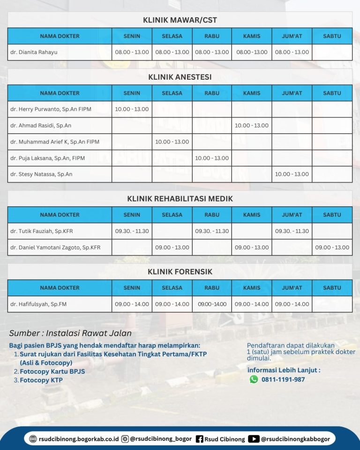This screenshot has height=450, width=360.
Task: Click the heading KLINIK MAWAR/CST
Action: click(180, 20)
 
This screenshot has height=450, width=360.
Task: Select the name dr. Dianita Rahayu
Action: click(34, 52)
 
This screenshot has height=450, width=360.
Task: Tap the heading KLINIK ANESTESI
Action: click(180, 77)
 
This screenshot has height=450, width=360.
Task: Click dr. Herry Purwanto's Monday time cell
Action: click(132, 109)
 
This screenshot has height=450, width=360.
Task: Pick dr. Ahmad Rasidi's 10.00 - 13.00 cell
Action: click(252, 126)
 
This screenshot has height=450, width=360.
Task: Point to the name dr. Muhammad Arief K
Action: click(55, 142)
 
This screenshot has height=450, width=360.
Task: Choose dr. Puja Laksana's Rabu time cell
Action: click(212, 158)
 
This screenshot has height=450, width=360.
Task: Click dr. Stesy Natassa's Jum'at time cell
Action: click(292, 174)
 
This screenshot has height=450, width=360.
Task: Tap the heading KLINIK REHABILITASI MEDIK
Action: click(180, 199)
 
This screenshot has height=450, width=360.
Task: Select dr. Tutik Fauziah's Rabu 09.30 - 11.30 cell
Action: click(212, 231)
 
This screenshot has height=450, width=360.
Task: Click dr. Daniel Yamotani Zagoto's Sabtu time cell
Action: click(332, 247)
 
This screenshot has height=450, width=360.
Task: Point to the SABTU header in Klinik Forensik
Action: click(332, 288)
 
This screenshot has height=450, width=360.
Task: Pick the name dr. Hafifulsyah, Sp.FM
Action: click(38, 304)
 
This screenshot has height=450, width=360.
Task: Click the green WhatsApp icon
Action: click(254, 379)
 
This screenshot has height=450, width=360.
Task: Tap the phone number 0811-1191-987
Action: click(283, 379)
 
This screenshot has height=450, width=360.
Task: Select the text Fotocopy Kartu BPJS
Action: click(52, 371)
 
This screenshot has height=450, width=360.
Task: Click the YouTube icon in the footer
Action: click(254, 439)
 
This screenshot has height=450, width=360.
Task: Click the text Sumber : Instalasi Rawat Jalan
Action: click(70, 333)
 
